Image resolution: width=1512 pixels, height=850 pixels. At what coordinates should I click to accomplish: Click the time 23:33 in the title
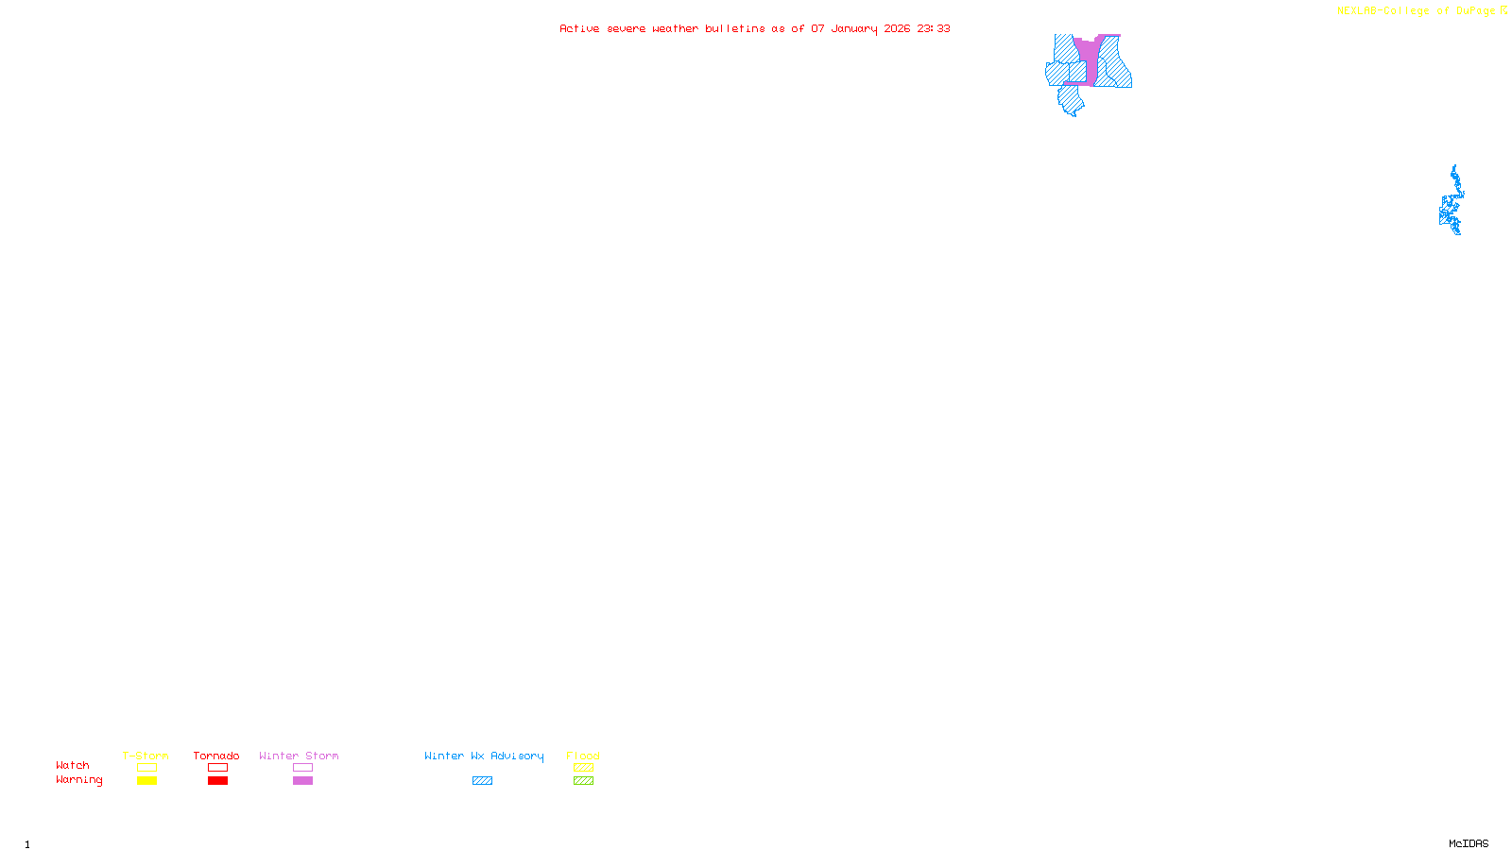coord(933,28)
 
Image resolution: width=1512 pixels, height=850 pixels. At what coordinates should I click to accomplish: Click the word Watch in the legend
coord(73,765)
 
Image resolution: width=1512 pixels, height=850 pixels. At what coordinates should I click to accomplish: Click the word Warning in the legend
coord(78,780)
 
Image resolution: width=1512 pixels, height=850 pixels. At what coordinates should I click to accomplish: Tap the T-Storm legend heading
coord(146,756)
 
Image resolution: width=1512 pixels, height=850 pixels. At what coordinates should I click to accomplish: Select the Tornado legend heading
coord(216,756)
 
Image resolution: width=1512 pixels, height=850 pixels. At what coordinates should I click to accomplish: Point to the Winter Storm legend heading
coord(299,756)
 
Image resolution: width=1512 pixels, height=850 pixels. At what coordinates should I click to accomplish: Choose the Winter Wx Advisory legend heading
coord(484,756)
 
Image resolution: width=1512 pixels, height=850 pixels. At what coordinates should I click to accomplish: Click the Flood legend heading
coord(583,756)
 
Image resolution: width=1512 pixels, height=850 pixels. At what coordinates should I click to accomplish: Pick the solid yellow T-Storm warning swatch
coord(146,781)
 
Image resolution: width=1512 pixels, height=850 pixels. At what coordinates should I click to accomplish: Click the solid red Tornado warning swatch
coord(217,781)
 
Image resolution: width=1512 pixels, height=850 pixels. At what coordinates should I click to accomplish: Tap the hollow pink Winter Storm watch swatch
coord(302,768)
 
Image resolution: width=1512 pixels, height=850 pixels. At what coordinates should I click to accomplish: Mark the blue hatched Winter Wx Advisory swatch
coord(482,781)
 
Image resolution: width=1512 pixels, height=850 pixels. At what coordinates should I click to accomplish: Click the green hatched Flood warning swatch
coord(583,781)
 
